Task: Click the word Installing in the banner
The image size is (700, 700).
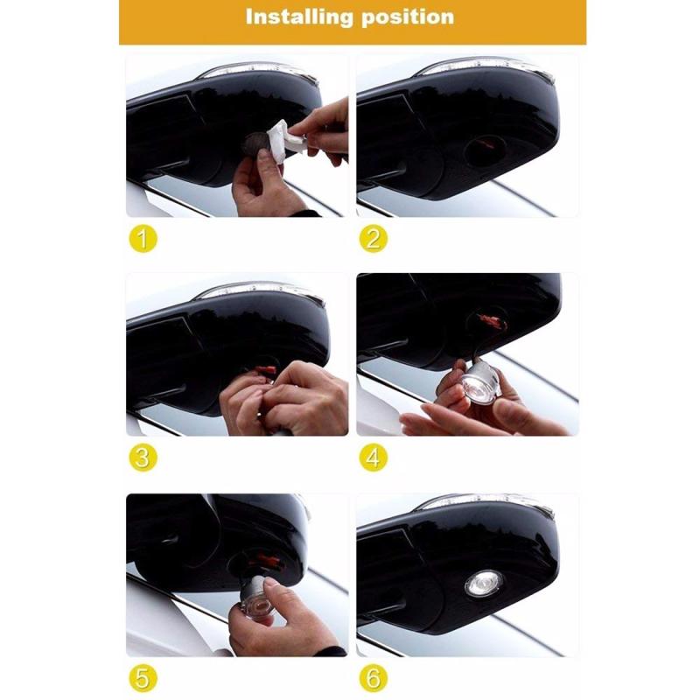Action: point(299,17)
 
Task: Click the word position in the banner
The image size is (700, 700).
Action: point(408,17)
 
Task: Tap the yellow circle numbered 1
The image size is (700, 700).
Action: point(143,239)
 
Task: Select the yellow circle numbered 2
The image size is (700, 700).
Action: point(374,239)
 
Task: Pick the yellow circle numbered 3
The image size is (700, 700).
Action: point(143,458)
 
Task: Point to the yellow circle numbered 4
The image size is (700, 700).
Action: point(374,458)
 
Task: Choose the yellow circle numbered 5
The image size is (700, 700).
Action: point(143,678)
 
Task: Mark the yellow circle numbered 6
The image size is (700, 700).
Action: point(374,678)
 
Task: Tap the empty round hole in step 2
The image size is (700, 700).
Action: point(485,150)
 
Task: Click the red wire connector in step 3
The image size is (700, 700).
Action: point(266,371)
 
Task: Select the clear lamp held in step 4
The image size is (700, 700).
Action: point(479,381)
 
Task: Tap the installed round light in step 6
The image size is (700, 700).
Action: point(484,583)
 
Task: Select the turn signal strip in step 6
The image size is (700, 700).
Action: point(486,503)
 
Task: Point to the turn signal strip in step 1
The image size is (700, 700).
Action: point(259,72)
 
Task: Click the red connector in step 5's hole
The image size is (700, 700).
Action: point(267,561)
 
